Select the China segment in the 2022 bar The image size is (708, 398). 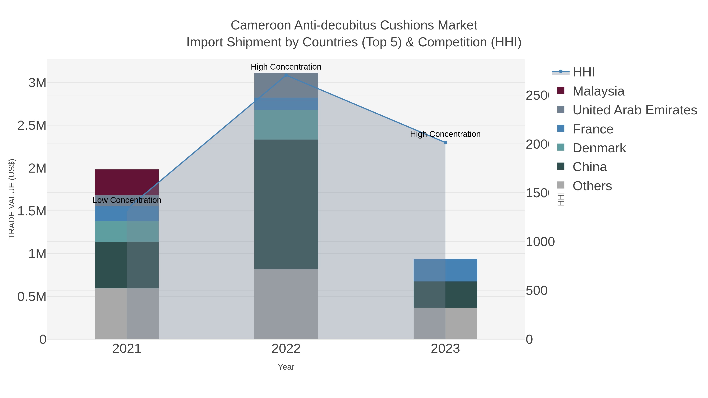point(286,204)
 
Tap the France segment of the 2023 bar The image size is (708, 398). point(445,270)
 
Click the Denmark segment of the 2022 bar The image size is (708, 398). point(286,124)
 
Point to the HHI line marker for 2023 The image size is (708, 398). point(445,142)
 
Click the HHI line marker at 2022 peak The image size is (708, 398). point(286,75)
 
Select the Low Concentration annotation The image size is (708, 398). point(127,200)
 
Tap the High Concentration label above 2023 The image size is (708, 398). point(445,134)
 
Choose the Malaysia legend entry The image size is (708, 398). point(598,91)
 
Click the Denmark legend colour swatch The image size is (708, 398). point(561,147)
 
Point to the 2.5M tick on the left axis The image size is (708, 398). point(32,126)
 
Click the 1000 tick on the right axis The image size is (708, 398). point(540,242)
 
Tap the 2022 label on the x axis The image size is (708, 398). point(286,348)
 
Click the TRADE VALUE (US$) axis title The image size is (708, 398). point(12,199)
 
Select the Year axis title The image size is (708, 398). point(286,367)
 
